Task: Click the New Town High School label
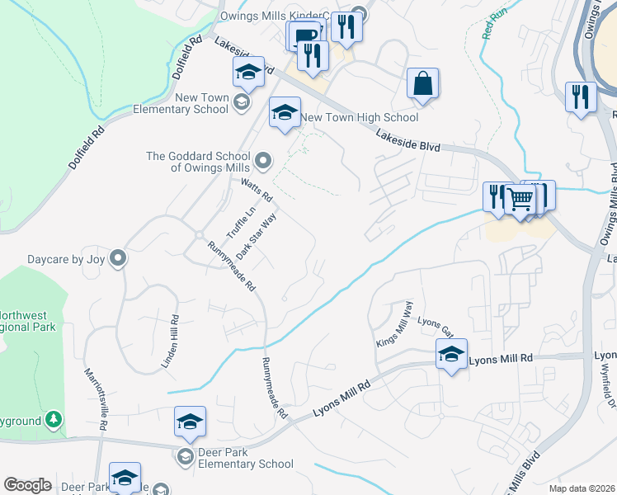click(359, 118)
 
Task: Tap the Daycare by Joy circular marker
click(118, 259)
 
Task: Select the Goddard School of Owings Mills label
click(197, 162)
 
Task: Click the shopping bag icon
click(422, 84)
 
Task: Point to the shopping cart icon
click(520, 199)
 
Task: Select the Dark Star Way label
click(255, 235)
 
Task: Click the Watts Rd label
click(257, 191)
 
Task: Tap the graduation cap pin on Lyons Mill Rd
click(451, 355)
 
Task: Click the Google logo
click(27, 485)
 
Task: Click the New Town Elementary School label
click(181, 103)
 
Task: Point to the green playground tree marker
click(54, 421)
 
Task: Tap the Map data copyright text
click(581, 488)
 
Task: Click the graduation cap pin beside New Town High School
click(285, 114)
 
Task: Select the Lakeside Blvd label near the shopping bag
click(408, 140)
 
